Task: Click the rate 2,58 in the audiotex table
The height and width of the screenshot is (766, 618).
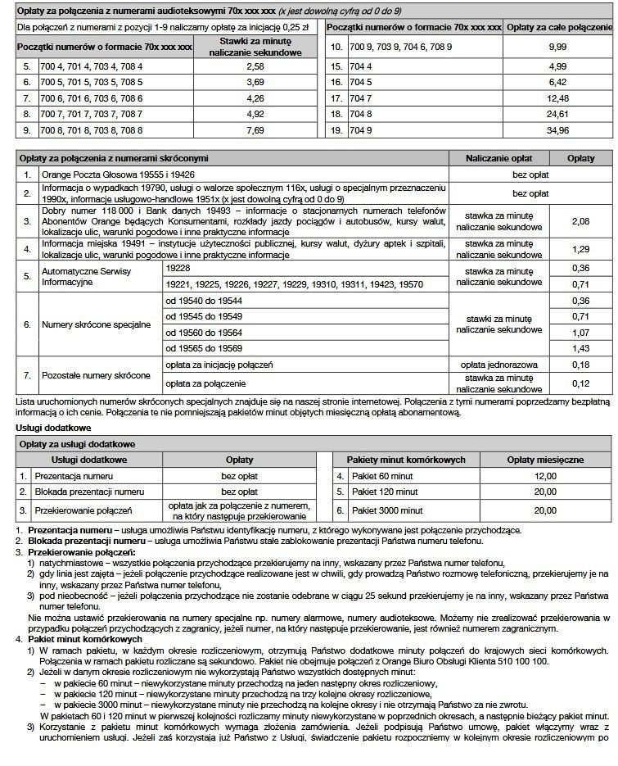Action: coord(255,66)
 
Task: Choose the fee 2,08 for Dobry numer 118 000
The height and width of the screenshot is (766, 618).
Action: coord(580,221)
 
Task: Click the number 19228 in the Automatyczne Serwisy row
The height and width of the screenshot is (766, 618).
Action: coord(178,268)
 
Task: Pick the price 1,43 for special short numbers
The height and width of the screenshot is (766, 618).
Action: coord(580,348)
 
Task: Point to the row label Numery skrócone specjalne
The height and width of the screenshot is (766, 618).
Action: coord(97,324)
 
